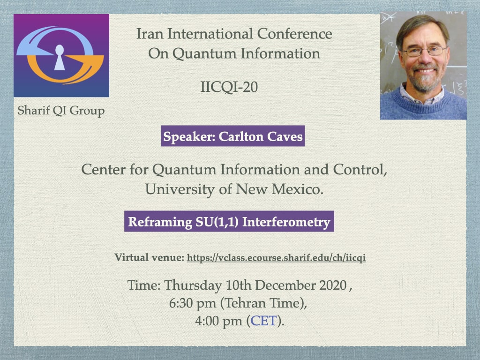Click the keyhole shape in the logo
(x=60, y=58)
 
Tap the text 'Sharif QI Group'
(x=61, y=111)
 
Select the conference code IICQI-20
(x=229, y=87)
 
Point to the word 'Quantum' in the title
(x=204, y=53)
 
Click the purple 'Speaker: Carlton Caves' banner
(x=233, y=136)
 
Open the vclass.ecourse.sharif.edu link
(x=276, y=258)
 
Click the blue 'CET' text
(x=263, y=321)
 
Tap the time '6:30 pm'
(x=193, y=303)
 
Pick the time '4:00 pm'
(x=218, y=321)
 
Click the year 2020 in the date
(x=333, y=285)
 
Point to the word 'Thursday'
(x=193, y=285)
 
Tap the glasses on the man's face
(x=424, y=51)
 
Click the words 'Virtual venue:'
(x=150, y=257)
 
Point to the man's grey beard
(x=424, y=79)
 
